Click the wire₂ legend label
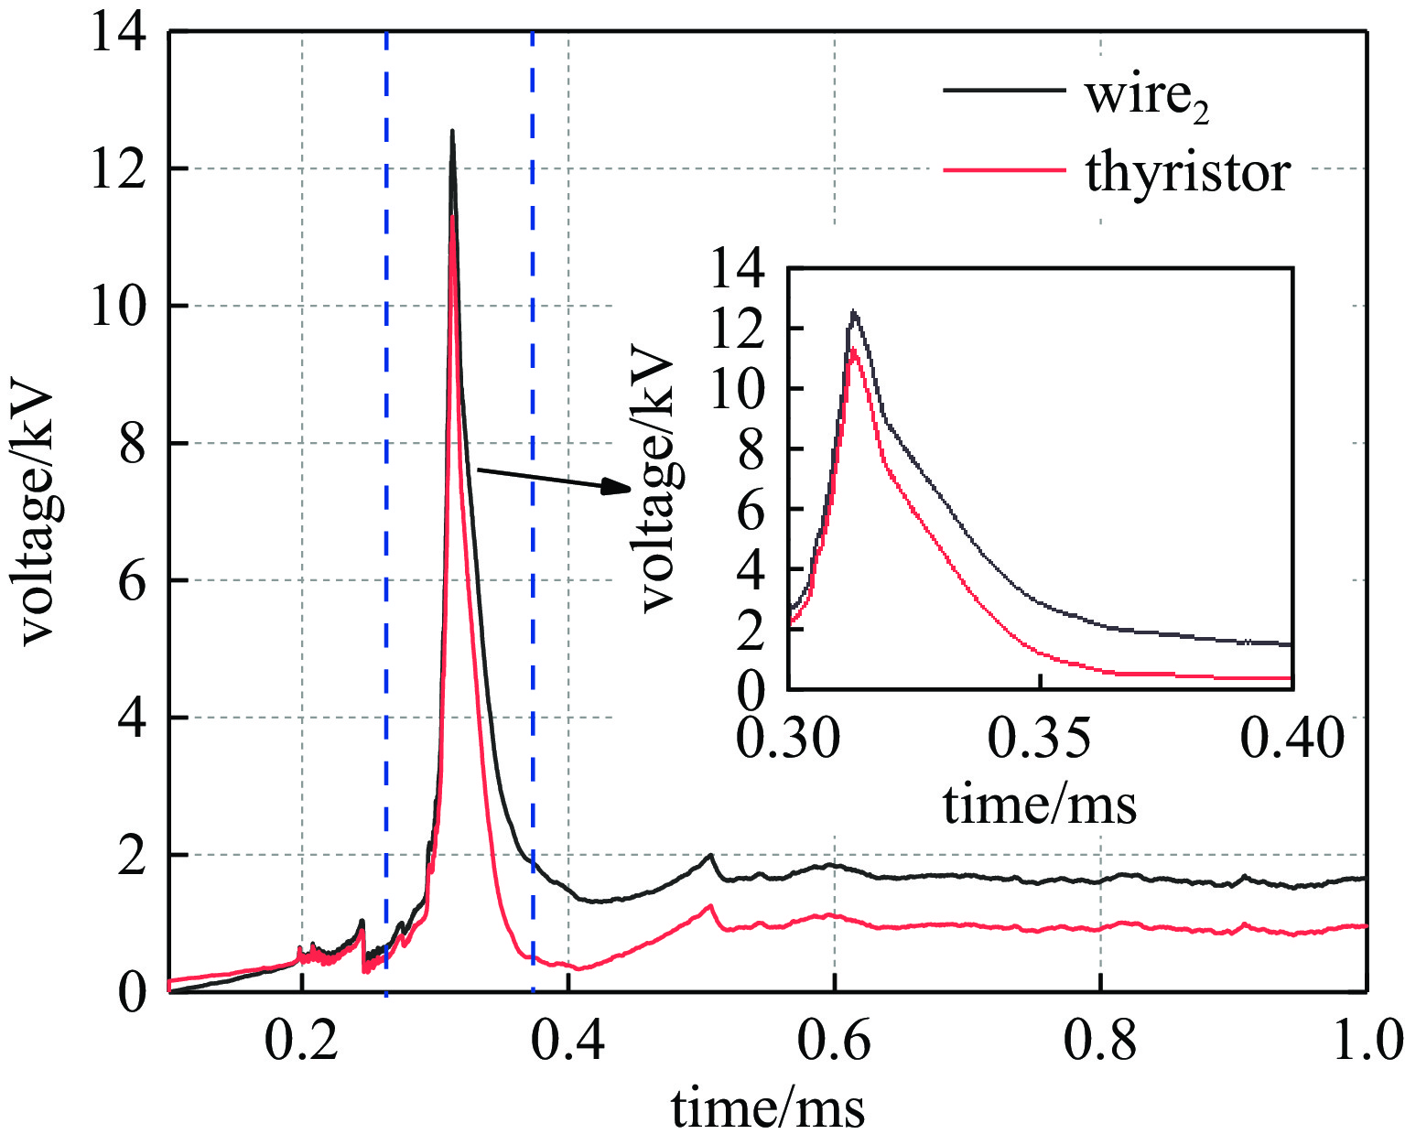click(x=1147, y=95)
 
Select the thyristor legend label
click(x=1188, y=171)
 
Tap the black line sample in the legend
click(x=1003, y=91)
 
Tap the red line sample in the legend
click(x=1003, y=170)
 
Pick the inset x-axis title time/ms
click(x=1040, y=805)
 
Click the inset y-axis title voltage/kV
click(x=657, y=482)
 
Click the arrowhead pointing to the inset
click(x=617, y=487)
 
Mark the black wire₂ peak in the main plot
click(x=452, y=132)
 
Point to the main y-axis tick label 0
click(x=134, y=992)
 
